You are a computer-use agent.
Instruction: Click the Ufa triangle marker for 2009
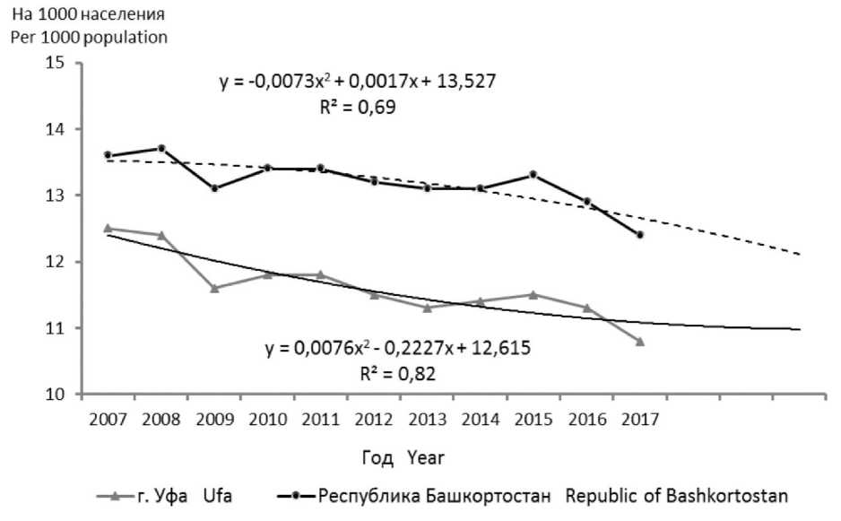point(215,288)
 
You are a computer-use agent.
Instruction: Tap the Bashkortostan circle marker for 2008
point(161,148)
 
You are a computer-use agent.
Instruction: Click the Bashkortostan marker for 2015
point(533,174)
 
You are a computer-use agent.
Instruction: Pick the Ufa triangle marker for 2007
point(108,228)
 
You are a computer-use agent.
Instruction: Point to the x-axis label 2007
point(108,420)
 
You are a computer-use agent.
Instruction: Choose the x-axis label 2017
point(640,420)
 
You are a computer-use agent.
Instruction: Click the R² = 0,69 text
point(358,107)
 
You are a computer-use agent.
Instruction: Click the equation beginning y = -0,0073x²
point(358,82)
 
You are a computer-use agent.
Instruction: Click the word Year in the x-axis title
point(426,458)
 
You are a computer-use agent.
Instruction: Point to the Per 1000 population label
point(88,39)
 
